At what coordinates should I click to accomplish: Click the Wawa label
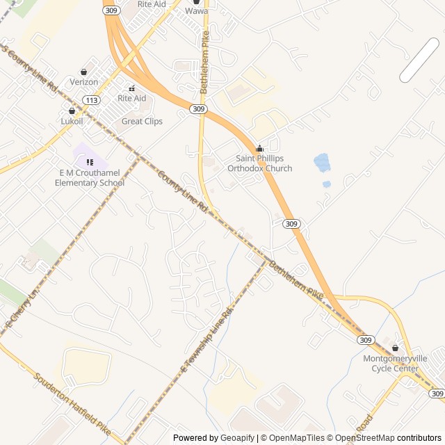pyautogui.click(x=196, y=11)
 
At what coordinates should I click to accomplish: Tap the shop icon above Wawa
pyautogui.click(x=196, y=2)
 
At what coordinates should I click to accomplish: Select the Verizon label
pyautogui.click(x=84, y=82)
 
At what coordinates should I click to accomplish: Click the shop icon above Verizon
pyautogui.click(x=84, y=72)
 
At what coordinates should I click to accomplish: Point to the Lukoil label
pyautogui.click(x=72, y=121)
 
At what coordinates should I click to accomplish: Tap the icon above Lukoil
pyautogui.click(x=72, y=111)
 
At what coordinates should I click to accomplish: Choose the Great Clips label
pyautogui.click(x=142, y=121)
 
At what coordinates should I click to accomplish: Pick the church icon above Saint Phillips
pyautogui.click(x=260, y=148)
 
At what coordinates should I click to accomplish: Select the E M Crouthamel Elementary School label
pyautogui.click(x=90, y=178)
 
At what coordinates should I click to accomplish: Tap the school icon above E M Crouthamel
pyautogui.click(x=90, y=162)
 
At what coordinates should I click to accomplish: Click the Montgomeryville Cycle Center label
pyautogui.click(x=395, y=363)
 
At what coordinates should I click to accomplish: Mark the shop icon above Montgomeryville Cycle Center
pyautogui.click(x=396, y=348)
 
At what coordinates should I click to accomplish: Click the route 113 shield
pyautogui.click(x=90, y=100)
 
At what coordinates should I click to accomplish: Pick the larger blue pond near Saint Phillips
pyautogui.click(x=322, y=163)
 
